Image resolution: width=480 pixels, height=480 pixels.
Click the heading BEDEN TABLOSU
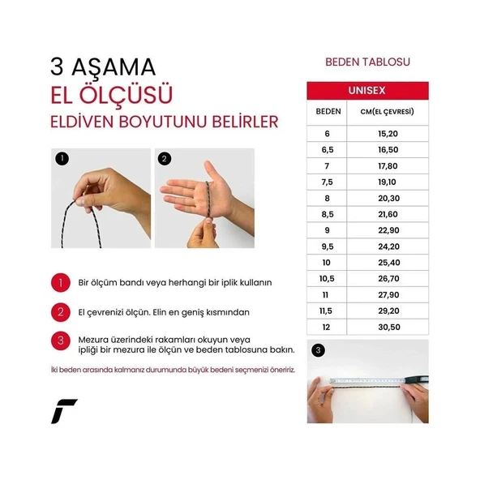(367, 62)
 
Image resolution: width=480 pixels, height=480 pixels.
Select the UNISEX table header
(366, 90)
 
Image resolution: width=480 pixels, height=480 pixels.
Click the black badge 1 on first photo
(62, 159)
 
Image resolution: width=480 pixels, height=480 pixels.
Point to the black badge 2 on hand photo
(165, 159)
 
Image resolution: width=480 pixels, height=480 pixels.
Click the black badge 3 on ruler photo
(317, 351)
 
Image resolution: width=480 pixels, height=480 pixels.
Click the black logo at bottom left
(64, 412)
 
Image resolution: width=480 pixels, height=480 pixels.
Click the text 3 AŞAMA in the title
(102, 66)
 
